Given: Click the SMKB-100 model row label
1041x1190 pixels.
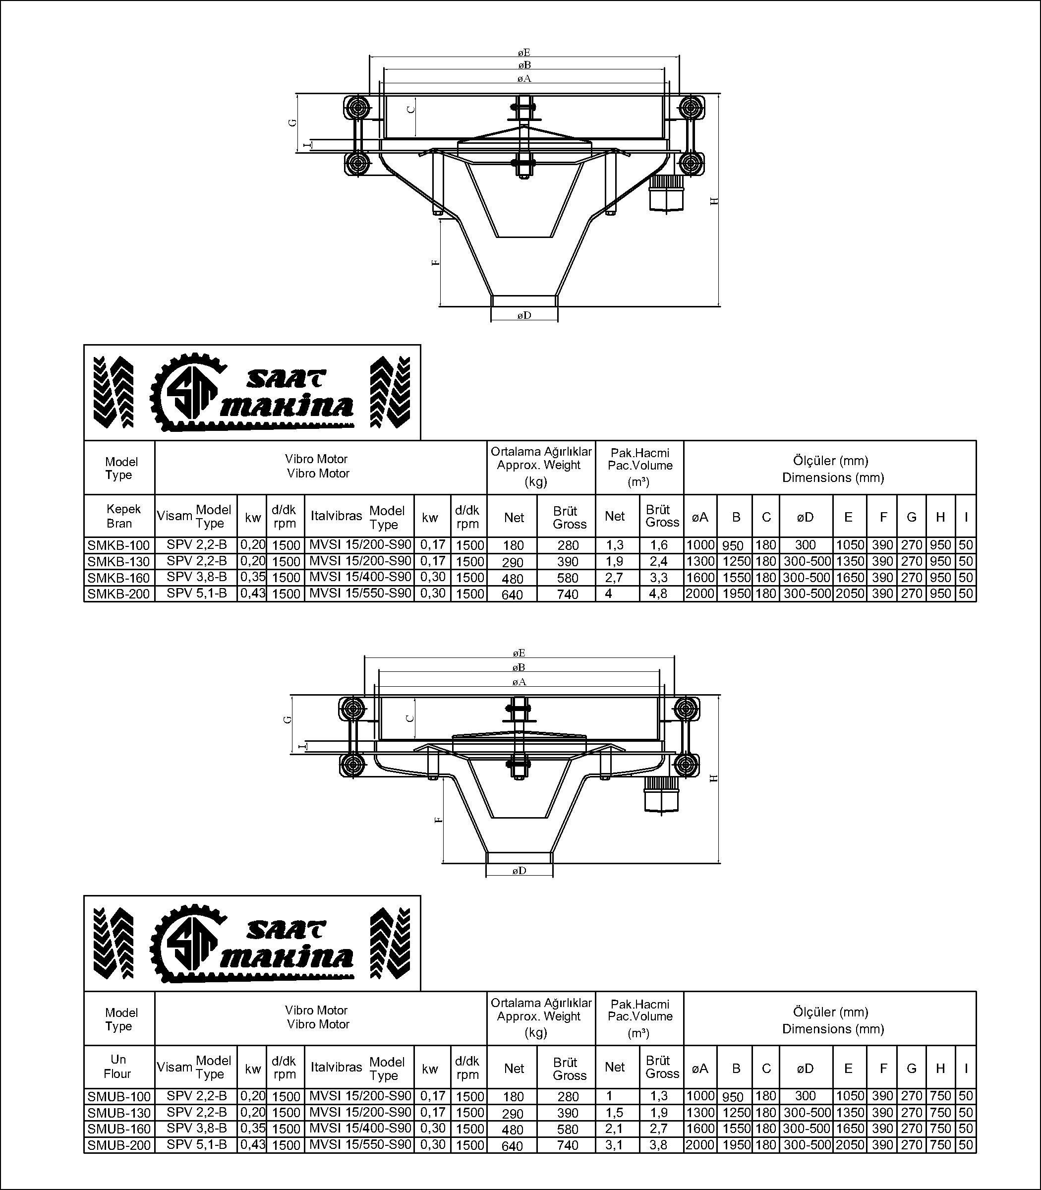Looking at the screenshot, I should (x=118, y=545).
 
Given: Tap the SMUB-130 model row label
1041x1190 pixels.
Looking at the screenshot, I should (x=118, y=1112).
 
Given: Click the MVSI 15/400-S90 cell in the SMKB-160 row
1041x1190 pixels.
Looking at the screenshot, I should (x=360, y=577).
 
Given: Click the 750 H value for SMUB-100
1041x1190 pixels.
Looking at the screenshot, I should (x=940, y=1096).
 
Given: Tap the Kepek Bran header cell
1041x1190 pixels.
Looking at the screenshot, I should (x=119, y=516).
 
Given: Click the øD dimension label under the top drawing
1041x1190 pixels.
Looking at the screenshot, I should (x=524, y=315).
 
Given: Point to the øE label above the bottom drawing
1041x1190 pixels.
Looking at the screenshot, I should (x=520, y=654).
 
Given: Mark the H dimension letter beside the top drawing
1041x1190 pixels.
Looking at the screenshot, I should (x=715, y=200).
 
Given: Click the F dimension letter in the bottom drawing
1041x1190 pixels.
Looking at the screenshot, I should (x=439, y=820).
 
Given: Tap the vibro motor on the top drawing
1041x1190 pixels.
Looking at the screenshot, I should (x=667, y=192).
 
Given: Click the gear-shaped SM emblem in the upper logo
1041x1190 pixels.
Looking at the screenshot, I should (x=187, y=392).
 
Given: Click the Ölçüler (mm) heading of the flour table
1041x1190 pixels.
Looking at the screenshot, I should (x=830, y=1011).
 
